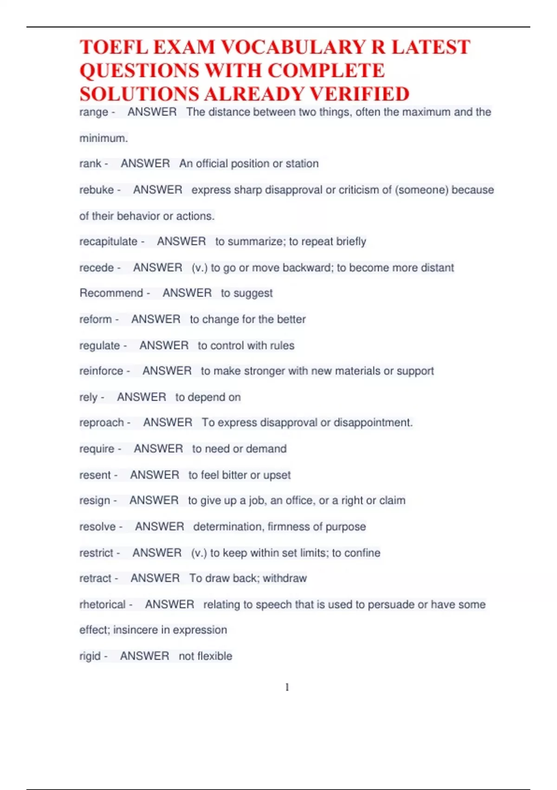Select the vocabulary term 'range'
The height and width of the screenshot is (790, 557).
point(94,112)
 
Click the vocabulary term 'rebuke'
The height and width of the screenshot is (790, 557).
point(97,190)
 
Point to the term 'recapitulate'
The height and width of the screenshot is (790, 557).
point(108,242)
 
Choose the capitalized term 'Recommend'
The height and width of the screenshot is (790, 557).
point(111,293)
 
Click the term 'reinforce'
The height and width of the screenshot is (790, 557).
point(101,371)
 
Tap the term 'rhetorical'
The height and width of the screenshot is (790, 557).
point(103,605)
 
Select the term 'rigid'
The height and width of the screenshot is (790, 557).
point(90,656)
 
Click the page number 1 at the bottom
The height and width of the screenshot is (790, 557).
point(287,687)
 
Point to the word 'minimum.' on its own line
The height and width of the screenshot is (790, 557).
point(104,138)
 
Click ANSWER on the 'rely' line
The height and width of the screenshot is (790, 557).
point(142,397)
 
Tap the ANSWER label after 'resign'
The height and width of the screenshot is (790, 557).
point(154,500)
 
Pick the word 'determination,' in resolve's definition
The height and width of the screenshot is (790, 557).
point(229,527)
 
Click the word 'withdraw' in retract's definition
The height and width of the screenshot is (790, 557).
point(285,579)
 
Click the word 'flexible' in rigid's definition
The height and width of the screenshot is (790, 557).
point(215,656)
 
